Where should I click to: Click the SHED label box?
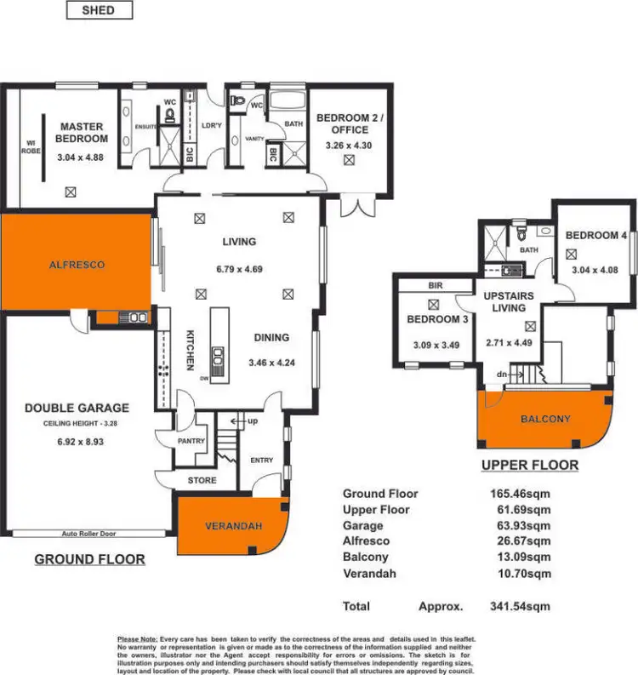99,11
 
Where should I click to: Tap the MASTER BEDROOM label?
82,132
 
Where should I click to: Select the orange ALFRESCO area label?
76,265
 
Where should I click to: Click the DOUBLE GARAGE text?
77,408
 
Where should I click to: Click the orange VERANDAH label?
229,525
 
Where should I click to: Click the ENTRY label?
262,460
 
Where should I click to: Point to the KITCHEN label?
191,350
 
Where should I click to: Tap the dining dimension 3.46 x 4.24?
271,363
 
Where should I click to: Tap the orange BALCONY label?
545,419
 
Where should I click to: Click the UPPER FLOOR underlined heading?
529,466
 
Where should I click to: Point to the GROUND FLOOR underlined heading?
89,559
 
